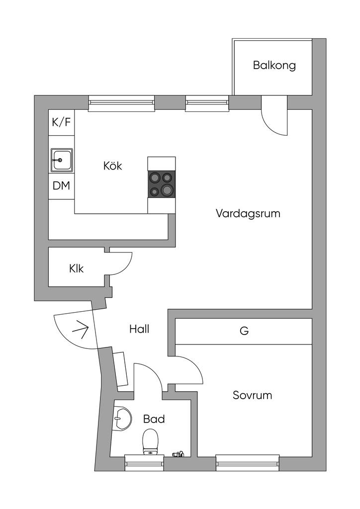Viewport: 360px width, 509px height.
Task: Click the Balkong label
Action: click(x=274, y=65)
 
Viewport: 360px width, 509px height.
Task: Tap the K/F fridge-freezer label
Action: click(x=61, y=122)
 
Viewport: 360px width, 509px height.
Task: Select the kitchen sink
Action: click(x=61, y=160)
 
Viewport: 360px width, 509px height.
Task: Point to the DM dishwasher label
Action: click(x=61, y=186)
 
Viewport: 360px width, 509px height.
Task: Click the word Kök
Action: click(x=113, y=166)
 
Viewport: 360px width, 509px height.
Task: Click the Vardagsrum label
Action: click(x=248, y=214)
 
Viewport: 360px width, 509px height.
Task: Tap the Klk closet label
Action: click(x=76, y=268)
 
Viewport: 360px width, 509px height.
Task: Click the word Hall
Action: click(x=139, y=329)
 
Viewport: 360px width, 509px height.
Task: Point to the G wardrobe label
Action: click(x=244, y=331)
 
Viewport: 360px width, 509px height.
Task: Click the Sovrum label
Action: click(x=252, y=395)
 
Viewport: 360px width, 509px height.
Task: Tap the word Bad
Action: click(x=154, y=419)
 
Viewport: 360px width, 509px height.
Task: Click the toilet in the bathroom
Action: click(x=150, y=441)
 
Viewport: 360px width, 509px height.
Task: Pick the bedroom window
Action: click(x=248, y=463)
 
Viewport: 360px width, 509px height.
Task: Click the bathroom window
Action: click(x=145, y=463)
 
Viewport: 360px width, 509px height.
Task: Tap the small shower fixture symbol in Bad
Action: click(x=178, y=454)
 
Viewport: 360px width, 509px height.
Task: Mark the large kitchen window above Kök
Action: click(x=121, y=103)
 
